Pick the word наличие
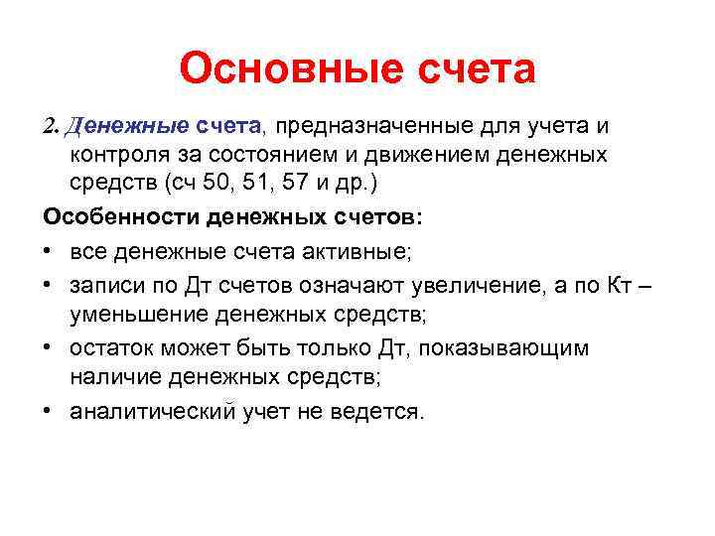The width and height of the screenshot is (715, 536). click(x=115, y=377)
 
